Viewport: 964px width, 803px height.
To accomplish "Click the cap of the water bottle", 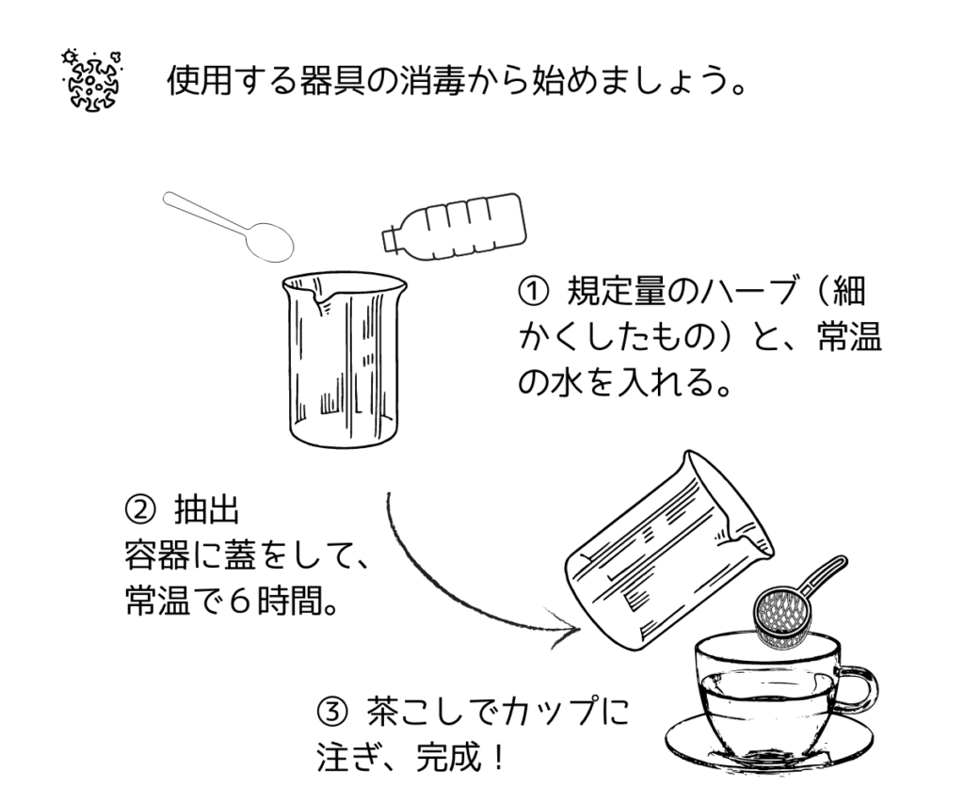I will (388, 238).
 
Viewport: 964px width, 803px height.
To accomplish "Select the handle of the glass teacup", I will (858, 688).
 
